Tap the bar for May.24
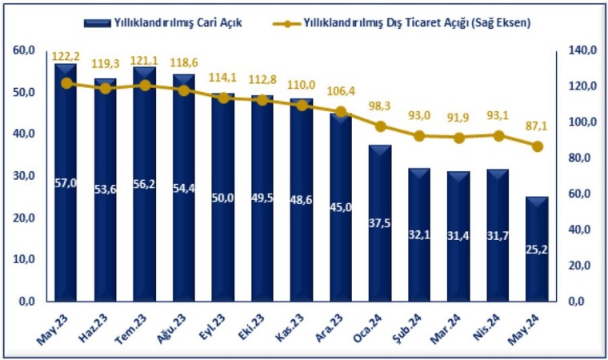tap(538, 248)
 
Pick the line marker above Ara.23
tap(341, 112)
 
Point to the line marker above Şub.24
tap(419, 136)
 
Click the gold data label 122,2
tap(66, 58)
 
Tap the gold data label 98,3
tap(381, 106)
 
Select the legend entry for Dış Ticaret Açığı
tap(416, 22)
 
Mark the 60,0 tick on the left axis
tap(24, 50)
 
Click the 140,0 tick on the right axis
tap(582, 50)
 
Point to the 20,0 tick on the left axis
tap(24, 218)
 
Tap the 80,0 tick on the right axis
tap(581, 158)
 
